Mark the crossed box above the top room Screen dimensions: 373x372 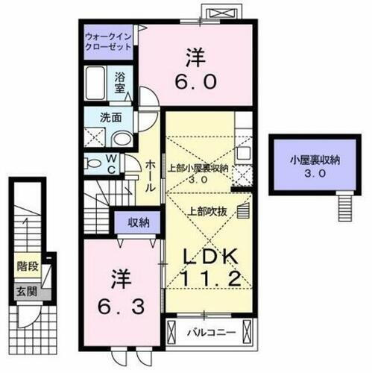coord(223,14)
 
